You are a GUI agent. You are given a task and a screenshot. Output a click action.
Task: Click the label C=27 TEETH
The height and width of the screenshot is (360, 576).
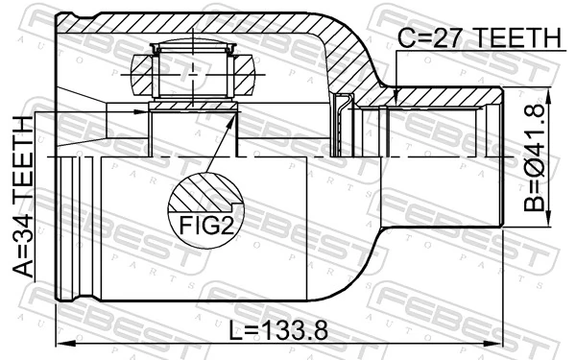tap(479, 37)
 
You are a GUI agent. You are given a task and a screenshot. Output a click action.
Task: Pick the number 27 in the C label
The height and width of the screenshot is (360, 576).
tap(448, 37)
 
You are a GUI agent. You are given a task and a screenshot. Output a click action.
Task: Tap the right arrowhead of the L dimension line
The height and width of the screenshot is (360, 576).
tap(498, 342)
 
